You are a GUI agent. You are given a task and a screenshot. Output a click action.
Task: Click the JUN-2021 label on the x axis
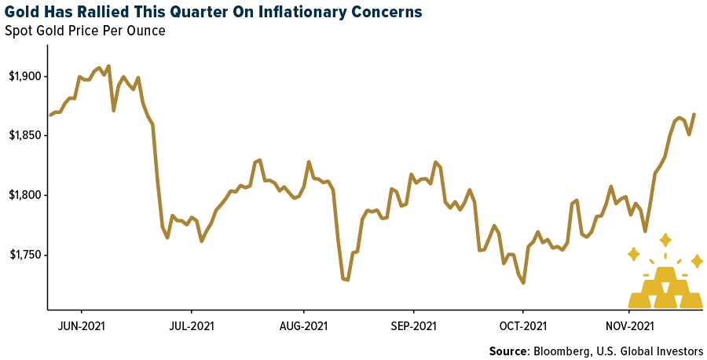coord(82,325)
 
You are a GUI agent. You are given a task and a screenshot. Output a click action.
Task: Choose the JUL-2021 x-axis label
coord(191,325)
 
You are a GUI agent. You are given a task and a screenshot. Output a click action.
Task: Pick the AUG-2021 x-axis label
coord(303,325)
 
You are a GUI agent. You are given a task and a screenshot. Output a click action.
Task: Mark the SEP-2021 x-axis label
coord(413,325)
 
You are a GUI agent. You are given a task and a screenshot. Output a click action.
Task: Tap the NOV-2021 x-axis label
coord(630,325)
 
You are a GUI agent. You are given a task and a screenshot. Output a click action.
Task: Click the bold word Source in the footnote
coord(508,351)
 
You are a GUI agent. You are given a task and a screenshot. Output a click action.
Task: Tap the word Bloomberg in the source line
coord(559,351)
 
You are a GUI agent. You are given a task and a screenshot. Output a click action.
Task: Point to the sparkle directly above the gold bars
coord(665,240)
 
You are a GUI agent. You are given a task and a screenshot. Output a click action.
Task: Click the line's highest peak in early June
coord(108,66)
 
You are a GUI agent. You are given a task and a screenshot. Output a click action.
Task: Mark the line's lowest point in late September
coord(523,283)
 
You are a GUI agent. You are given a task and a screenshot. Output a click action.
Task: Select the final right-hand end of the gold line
coord(694,114)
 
